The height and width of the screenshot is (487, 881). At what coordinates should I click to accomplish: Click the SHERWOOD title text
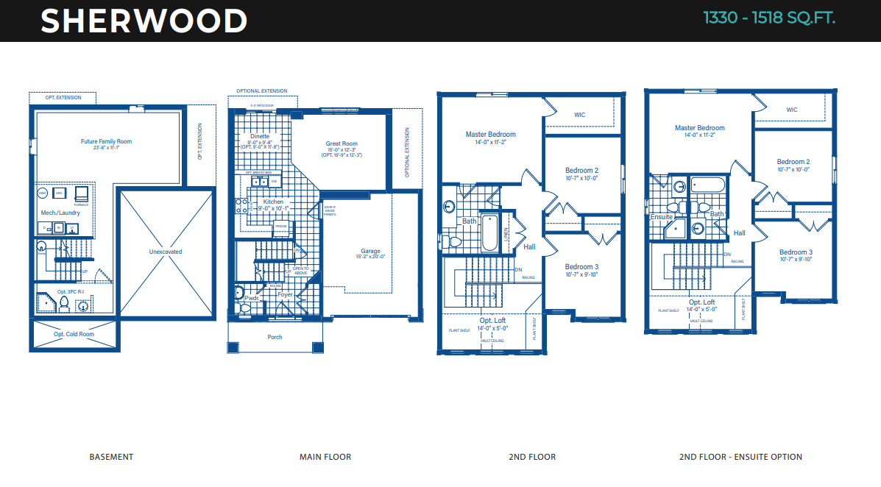(x=144, y=21)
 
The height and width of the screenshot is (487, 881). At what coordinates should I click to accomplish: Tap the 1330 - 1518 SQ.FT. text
(x=769, y=18)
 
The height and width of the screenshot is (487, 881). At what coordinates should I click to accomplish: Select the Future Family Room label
(x=106, y=141)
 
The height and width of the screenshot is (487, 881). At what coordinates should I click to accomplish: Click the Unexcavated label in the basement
(x=165, y=252)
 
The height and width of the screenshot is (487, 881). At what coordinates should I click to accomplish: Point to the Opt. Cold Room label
(x=74, y=334)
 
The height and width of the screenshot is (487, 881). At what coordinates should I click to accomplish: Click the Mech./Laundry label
(x=60, y=213)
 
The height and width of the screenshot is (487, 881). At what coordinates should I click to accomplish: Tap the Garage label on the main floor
(x=370, y=251)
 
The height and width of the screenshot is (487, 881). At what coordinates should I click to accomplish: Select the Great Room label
(x=342, y=144)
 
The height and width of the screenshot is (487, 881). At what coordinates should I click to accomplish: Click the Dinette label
(x=259, y=136)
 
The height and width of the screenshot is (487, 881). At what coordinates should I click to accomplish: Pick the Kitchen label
(x=273, y=202)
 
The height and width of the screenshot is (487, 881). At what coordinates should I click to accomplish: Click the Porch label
(x=274, y=337)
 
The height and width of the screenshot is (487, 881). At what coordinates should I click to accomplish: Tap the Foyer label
(x=286, y=295)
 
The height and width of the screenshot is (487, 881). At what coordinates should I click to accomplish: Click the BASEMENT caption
(x=111, y=457)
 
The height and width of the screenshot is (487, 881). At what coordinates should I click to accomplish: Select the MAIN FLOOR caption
(x=325, y=457)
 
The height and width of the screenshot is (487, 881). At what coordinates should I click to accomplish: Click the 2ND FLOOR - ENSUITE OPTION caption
(x=740, y=457)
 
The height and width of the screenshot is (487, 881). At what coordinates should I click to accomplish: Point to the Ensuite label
(x=662, y=217)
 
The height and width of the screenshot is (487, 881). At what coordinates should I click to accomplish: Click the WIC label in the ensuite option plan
(x=792, y=110)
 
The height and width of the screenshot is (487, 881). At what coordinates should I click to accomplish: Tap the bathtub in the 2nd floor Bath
(x=490, y=231)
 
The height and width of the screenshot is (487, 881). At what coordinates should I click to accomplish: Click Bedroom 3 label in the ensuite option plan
(x=795, y=252)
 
